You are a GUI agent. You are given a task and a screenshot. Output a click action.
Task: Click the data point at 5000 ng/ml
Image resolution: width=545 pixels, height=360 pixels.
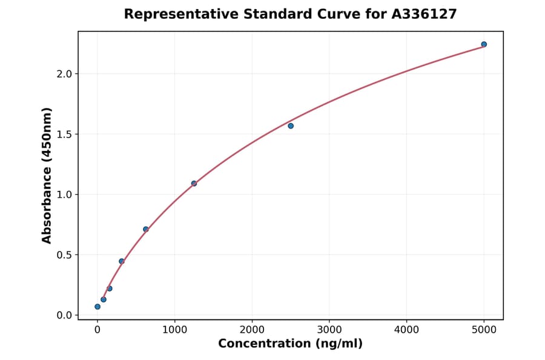(484, 44)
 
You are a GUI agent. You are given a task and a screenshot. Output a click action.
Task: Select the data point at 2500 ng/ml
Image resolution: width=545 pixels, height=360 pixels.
(291, 125)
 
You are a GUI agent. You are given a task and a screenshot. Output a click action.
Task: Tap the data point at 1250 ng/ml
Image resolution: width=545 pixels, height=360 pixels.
(194, 183)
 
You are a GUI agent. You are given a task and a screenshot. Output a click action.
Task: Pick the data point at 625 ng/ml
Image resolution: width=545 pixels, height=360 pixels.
(145, 229)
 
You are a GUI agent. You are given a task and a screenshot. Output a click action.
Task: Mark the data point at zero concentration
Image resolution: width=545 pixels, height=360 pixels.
(97, 307)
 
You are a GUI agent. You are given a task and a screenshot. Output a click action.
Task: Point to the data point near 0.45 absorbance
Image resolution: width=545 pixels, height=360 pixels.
(121, 261)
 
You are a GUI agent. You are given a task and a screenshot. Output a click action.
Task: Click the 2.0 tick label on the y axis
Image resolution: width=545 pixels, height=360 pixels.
(64, 74)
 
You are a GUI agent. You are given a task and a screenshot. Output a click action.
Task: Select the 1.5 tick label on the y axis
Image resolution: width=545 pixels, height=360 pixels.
(64, 134)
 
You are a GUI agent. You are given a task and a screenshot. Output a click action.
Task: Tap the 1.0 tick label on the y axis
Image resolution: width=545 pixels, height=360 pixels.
(64, 195)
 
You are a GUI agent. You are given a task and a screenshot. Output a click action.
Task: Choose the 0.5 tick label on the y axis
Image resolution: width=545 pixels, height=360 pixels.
(64, 255)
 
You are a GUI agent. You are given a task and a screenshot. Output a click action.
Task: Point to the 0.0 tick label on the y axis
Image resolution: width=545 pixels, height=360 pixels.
(64, 315)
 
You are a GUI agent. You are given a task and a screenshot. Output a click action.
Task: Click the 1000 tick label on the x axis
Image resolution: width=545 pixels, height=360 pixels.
(174, 330)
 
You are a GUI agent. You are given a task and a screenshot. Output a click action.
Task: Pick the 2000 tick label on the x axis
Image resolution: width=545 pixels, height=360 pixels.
(252, 330)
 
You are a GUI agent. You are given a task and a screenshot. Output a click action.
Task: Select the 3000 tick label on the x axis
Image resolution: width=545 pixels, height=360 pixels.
(329, 330)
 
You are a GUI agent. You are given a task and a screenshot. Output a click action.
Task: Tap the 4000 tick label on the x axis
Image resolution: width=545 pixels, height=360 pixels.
(406, 330)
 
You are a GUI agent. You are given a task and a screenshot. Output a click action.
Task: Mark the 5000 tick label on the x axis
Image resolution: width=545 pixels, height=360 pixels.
(484, 330)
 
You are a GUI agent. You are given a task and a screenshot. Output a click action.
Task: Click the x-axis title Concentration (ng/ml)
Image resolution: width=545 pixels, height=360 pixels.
(290, 344)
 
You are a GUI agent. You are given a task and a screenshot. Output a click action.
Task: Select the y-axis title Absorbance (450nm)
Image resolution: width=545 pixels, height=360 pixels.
(47, 175)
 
